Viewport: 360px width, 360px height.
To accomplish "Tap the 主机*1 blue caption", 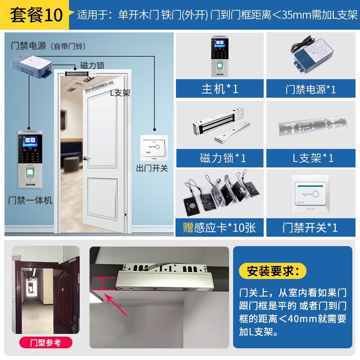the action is click(x=220, y=89).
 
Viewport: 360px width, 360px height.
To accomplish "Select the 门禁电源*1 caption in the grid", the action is click(x=310, y=89).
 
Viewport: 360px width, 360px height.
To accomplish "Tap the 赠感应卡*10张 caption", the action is click(x=220, y=227).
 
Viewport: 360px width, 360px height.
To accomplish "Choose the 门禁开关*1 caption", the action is click(x=310, y=227).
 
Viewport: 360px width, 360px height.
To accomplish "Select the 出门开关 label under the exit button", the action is click(x=152, y=168).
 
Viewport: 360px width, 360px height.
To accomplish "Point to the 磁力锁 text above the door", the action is click(x=92, y=66).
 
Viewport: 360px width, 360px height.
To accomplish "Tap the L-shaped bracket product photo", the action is click(x=310, y=126).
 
